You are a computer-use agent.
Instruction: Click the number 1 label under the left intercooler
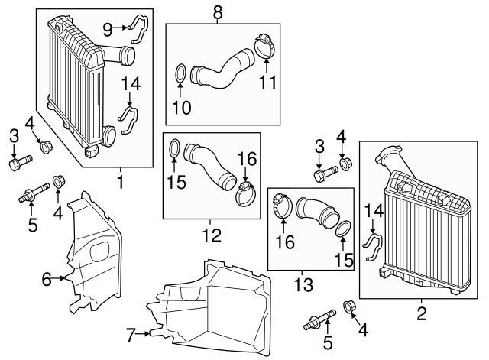coord(119,182)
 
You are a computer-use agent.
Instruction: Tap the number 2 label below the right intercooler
coord(421,313)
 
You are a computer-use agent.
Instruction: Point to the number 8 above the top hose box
coord(218,11)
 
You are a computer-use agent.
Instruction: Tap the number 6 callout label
coord(47,280)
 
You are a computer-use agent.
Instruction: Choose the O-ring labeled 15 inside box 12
coord(175,147)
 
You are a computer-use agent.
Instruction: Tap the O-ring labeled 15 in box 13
coord(344,229)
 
